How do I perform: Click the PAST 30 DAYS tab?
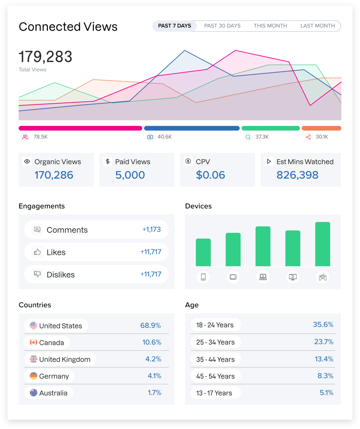222,26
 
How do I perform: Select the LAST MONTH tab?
317,26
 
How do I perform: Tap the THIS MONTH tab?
270,26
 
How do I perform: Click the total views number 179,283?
45,57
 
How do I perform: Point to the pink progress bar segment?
80,128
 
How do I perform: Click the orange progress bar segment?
321,128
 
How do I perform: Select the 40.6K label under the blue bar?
164,137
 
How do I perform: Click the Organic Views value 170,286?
54,175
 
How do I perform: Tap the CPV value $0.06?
210,175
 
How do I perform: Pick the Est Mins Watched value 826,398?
297,175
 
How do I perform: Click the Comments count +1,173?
151,229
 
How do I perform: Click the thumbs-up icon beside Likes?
37,252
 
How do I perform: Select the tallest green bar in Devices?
323,244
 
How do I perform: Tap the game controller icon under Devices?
323,277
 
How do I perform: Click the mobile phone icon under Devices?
203,277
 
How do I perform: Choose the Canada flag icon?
33,343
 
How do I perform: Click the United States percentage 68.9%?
150,325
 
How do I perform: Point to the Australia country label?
53,393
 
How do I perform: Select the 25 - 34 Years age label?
215,342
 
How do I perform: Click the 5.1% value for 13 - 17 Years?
326,393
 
